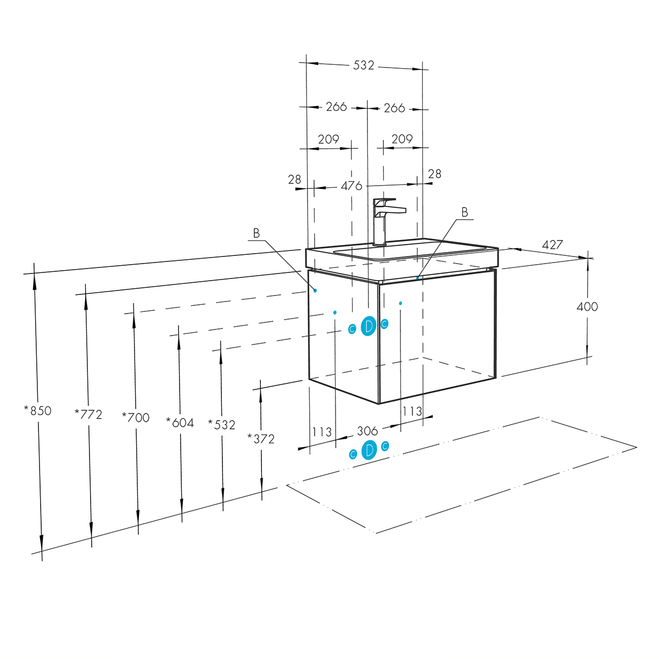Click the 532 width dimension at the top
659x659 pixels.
[x=364, y=65]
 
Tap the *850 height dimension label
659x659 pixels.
[x=38, y=411]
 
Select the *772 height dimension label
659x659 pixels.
[x=88, y=415]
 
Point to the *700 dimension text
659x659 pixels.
[x=136, y=417]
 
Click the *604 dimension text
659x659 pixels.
[x=180, y=423]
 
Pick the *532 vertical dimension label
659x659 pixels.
[x=222, y=425]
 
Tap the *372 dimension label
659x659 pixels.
[x=261, y=439]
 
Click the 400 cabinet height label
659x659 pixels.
[x=587, y=306]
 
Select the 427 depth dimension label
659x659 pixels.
[x=552, y=244]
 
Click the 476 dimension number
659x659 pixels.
[x=351, y=186]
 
